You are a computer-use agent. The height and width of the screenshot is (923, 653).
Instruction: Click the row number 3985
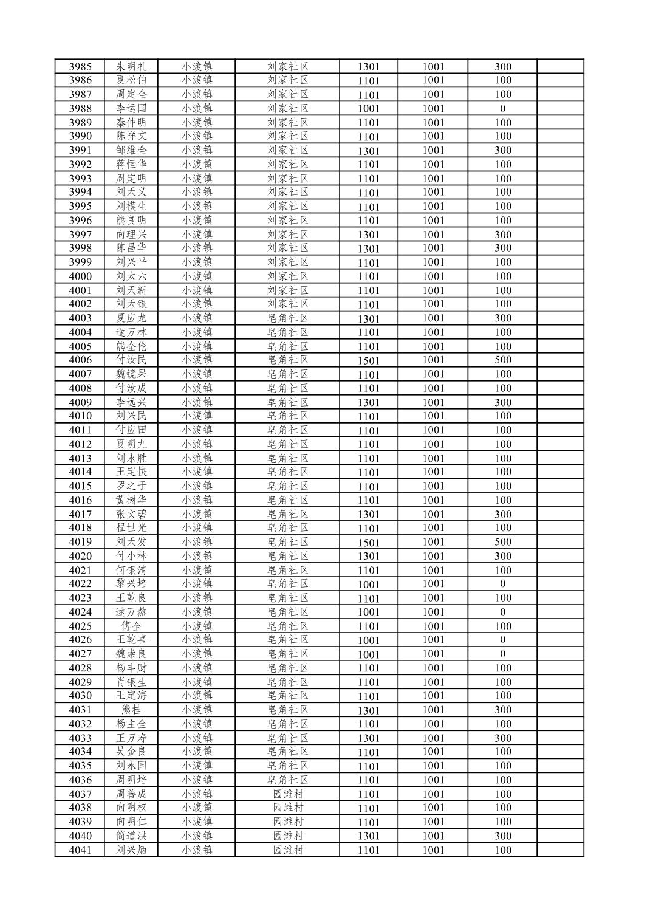(80, 66)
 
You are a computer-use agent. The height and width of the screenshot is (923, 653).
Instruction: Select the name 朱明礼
(131, 66)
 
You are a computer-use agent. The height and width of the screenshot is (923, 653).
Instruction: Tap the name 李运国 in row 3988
(131, 108)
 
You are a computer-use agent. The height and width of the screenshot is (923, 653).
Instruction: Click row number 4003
(80, 318)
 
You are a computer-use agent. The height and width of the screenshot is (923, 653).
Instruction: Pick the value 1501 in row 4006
(368, 360)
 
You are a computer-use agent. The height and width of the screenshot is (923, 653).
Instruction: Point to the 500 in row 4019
(502, 541)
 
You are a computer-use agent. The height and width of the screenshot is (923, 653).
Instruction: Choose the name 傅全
(131, 626)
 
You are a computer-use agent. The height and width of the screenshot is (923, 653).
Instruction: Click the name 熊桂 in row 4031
(131, 710)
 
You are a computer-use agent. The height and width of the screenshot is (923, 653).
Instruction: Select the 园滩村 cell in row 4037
(288, 794)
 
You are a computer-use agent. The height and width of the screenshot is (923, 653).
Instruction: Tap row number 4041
(80, 849)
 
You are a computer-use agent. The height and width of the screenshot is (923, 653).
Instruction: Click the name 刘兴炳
(131, 849)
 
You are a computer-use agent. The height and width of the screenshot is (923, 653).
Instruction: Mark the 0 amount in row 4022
(502, 584)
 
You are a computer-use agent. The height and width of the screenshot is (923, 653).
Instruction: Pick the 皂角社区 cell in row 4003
(288, 318)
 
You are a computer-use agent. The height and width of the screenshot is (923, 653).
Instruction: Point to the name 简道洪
(131, 836)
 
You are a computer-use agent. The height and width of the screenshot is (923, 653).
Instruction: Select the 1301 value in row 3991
(368, 151)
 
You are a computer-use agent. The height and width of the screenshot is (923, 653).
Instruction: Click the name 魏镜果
(131, 374)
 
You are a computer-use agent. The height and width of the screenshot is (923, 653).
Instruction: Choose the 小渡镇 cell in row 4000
(197, 276)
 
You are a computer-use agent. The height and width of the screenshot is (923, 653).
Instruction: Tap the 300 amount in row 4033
(502, 738)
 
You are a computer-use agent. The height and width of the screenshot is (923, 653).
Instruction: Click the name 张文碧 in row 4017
(131, 514)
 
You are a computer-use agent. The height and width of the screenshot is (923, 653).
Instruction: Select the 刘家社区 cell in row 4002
(288, 304)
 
